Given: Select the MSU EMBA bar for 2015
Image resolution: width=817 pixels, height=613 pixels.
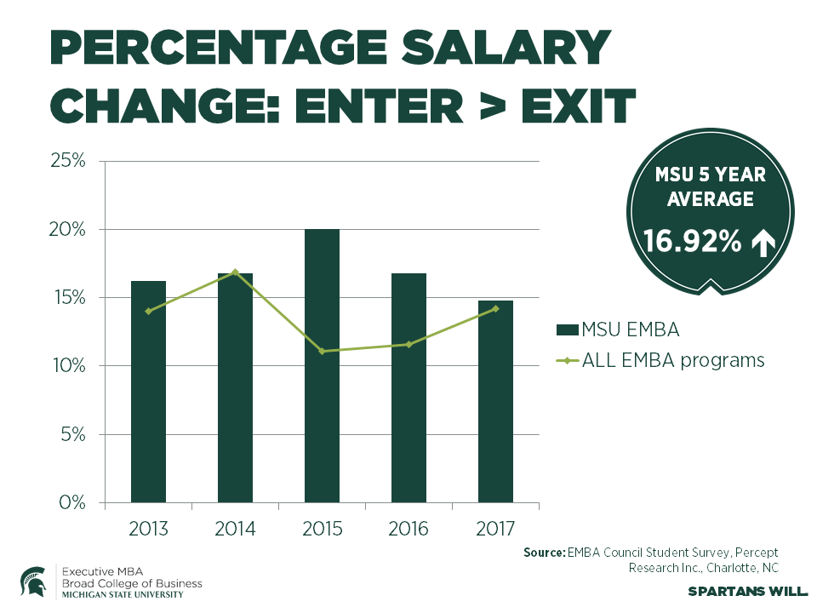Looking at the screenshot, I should tap(322, 366).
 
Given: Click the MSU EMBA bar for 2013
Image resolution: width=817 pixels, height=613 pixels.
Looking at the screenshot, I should tap(148, 392).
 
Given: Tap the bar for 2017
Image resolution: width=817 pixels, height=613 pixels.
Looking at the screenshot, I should tap(495, 401).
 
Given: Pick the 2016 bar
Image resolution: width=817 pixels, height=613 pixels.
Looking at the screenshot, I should tap(408, 387).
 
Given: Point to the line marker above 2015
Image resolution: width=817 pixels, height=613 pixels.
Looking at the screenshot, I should tap(322, 351).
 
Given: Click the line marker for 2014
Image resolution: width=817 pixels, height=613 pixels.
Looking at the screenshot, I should tap(235, 272).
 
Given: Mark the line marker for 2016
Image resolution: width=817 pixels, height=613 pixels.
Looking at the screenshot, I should tap(408, 344).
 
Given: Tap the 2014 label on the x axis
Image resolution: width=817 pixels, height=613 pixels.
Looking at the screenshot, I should tap(235, 529).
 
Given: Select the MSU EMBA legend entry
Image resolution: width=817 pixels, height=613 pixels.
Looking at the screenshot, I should tap(621, 329).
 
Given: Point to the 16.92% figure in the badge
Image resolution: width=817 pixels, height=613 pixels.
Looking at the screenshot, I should tap(692, 243).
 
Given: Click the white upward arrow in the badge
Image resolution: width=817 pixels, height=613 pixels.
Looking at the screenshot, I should tap(762, 243).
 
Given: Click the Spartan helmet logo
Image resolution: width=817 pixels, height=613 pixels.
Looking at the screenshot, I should tap(33, 581).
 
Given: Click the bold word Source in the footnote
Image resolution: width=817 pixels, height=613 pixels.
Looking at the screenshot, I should tap(543, 553).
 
